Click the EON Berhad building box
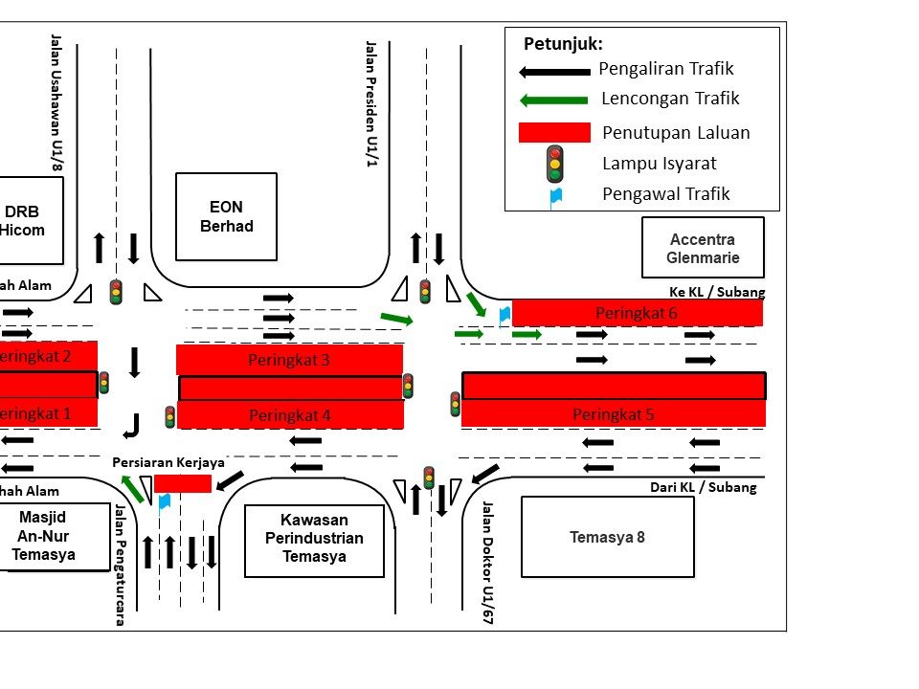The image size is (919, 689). pos(226,216)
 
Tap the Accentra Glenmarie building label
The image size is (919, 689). pos(703,248)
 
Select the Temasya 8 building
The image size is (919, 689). pos(607,537)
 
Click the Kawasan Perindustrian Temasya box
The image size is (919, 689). pos(314,540)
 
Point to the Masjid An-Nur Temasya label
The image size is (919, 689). pos(44,536)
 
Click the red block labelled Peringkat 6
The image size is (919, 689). pos(637,313)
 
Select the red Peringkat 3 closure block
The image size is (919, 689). pos(289,360)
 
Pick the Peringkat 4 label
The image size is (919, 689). pos(289,415)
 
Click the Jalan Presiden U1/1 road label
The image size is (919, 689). pos(371,103)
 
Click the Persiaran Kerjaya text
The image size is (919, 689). pos(168,462)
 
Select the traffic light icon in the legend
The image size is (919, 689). pos(554,164)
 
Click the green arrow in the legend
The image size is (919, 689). pos(553,100)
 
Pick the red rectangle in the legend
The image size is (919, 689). pos(554,132)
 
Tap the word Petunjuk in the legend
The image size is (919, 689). pos(563,44)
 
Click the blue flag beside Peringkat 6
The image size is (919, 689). pos(504,314)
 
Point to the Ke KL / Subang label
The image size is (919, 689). pos(717,292)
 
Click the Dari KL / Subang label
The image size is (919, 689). pos(703,487)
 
